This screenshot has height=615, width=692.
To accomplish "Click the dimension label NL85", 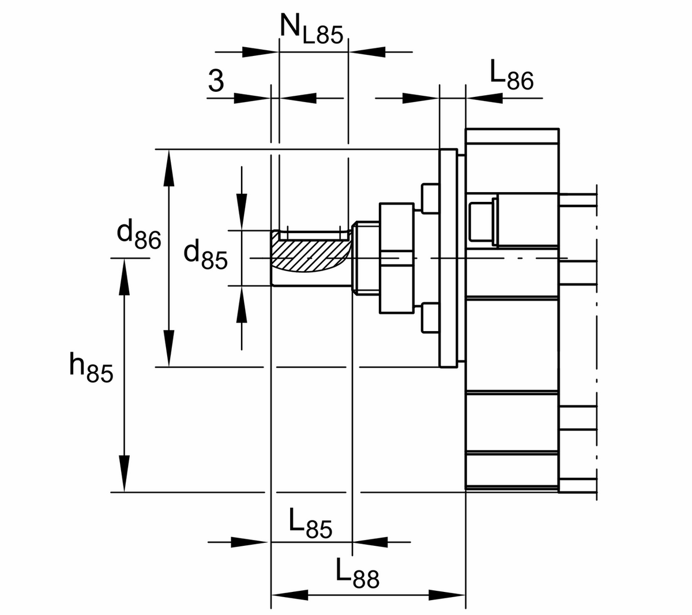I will coord(311,29).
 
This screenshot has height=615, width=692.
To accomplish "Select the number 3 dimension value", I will coord(216,81).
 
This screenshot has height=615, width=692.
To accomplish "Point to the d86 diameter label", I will coord(138,234).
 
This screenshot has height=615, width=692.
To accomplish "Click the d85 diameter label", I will coord(205,256).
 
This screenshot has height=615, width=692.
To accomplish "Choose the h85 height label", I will coord(91,368).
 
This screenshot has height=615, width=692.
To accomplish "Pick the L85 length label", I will coord(311,524).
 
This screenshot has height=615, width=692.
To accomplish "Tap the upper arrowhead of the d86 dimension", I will coord(169,167).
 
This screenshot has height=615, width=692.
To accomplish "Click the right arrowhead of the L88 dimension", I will coord(447,595).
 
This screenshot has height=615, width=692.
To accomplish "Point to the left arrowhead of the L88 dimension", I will coord(289,595).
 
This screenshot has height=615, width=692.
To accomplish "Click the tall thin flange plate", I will coord(449,258).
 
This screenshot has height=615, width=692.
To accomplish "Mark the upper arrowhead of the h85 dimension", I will coord(125,276).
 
